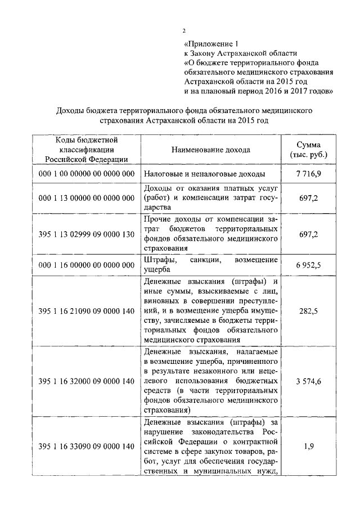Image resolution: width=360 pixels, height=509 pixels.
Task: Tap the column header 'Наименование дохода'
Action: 211,150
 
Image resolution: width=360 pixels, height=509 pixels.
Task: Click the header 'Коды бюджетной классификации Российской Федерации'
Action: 86,150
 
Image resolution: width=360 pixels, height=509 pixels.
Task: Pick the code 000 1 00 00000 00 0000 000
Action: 87,174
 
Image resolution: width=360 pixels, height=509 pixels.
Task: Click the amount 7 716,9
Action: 309,174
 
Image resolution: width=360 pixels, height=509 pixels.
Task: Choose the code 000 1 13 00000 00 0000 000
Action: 87,198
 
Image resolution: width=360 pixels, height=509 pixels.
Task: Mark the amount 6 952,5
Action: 309,265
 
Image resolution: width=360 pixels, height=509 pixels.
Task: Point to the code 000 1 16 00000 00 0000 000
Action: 87,265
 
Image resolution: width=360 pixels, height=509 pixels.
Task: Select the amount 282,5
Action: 309,310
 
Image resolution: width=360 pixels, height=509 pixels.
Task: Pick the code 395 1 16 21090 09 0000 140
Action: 87,310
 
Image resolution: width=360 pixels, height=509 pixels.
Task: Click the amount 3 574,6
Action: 309,381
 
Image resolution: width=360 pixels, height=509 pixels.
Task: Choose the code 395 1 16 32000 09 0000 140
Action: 87,381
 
